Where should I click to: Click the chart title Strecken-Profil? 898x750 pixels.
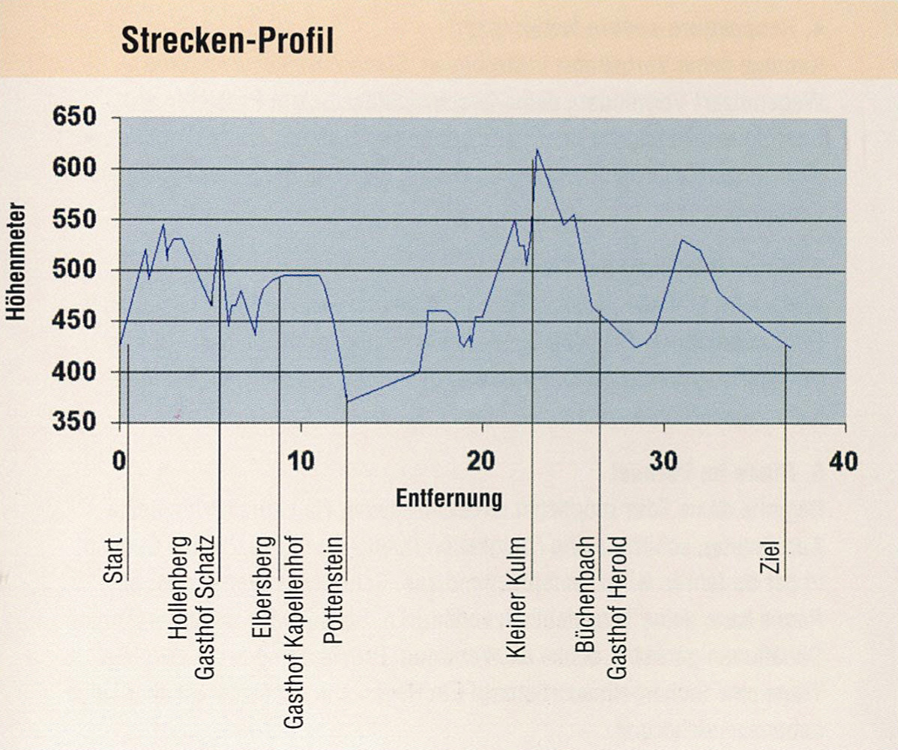pyautogui.click(x=227, y=43)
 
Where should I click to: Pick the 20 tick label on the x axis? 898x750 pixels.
pyautogui.click(x=482, y=460)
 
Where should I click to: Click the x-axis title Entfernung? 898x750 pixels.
pyautogui.click(x=449, y=498)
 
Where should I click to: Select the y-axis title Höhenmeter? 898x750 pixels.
pyautogui.click(x=17, y=262)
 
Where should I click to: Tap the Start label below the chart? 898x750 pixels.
pyautogui.click(x=113, y=559)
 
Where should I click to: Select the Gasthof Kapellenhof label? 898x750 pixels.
pyautogui.click(x=293, y=632)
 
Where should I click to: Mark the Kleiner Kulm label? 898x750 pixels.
pyautogui.click(x=517, y=598)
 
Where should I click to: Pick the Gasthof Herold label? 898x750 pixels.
pyautogui.click(x=616, y=607)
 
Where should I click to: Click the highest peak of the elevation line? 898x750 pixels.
pyautogui.click(x=537, y=150)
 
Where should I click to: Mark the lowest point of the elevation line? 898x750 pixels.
pyautogui.click(x=348, y=402)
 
